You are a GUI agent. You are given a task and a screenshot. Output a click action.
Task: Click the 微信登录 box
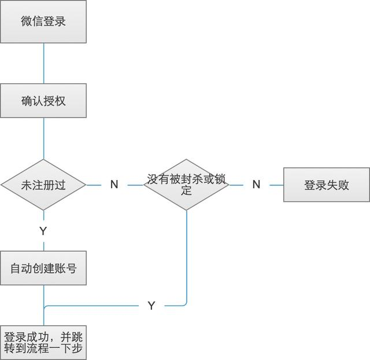click(43, 22)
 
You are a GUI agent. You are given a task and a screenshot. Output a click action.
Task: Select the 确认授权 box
click(43, 101)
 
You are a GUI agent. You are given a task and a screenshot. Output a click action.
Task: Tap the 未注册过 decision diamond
click(43, 185)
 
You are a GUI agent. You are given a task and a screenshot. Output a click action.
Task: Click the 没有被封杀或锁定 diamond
click(186, 185)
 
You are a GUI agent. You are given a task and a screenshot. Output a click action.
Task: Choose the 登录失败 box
click(327, 185)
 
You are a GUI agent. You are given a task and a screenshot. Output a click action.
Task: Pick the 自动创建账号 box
click(43, 269)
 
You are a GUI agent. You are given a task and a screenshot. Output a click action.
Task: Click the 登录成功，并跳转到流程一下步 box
click(43, 343)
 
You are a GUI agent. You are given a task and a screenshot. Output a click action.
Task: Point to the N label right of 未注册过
click(114, 185)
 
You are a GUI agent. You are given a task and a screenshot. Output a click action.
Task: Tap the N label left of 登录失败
click(256, 185)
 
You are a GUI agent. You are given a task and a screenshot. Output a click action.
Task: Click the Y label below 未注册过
click(43, 231)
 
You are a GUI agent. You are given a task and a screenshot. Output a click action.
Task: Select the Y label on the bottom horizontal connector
click(151, 306)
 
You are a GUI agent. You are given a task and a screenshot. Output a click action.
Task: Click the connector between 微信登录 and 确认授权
click(44, 63)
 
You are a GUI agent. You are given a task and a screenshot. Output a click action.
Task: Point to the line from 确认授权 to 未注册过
click(44, 139)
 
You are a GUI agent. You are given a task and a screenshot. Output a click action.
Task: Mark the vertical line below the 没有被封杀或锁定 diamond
click(187, 255)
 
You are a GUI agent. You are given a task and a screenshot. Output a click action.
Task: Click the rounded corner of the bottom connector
click(184, 303)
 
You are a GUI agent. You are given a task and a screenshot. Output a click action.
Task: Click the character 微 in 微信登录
click(27, 22)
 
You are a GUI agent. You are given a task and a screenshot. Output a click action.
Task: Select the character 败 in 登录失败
click(343, 185)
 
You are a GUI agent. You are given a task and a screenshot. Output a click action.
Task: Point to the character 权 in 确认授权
click(60, 101)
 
